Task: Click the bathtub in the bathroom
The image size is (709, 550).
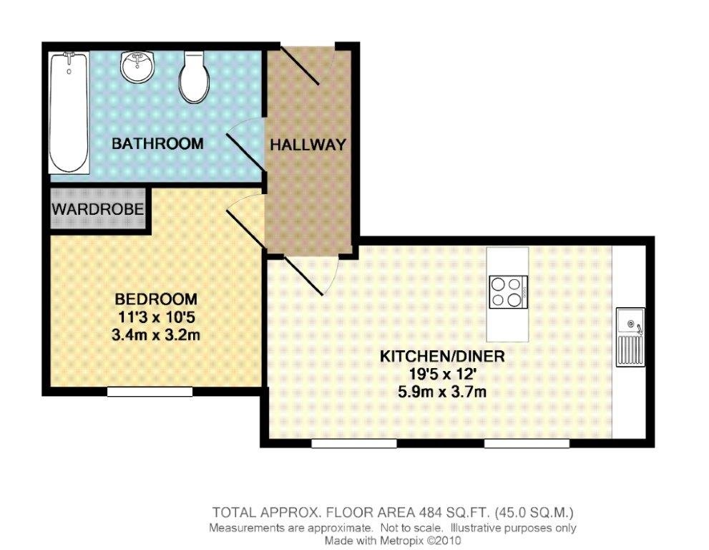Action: point(69,112)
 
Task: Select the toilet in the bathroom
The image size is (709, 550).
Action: point(194,77)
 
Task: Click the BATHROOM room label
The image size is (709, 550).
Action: point(157,143)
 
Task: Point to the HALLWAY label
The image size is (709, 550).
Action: point(308,145)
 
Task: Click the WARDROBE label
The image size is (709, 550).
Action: point(98,209)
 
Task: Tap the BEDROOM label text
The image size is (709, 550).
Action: point(156,299)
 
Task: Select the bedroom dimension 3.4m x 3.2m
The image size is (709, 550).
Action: point(156,335)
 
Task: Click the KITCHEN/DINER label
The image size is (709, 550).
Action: point(442,356)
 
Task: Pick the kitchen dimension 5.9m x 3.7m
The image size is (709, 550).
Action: point(442,391)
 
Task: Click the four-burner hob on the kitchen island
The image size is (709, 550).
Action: point(508,292)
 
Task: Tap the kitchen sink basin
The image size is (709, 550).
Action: point(630,324)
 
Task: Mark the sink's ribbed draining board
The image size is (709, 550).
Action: point(630,352)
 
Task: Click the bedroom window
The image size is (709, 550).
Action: point(150,392)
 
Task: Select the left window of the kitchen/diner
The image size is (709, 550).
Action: point(354,443)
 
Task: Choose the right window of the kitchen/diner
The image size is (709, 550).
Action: point(527,443)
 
